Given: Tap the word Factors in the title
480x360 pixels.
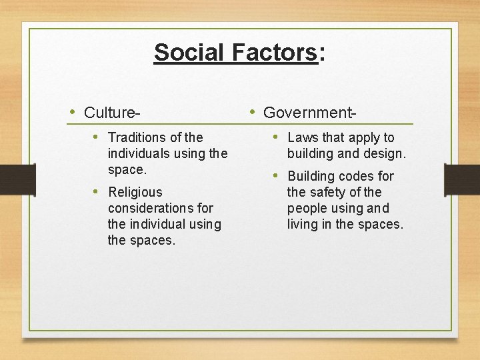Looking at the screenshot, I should tap(274, 52).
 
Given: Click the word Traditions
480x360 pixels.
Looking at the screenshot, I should tap(137, 137).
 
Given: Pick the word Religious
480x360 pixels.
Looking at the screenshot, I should tap(135, 192).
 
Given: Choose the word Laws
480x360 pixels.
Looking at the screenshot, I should tap(303, 137).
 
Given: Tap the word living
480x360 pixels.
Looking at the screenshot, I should tap(303, 225).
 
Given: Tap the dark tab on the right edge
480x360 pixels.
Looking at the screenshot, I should tap(462, 179).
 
